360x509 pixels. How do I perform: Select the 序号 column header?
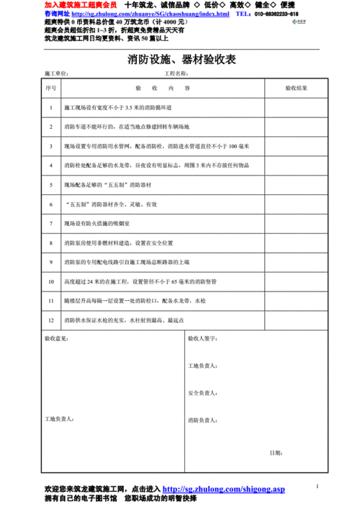coord(50,88)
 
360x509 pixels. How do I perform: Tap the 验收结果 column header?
coord(295,88)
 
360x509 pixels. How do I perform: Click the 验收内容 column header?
coord(162,88)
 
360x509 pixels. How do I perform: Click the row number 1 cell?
coord(50,108)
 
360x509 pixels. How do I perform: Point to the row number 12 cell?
coord(50,319)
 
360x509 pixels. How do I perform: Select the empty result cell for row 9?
coord(295,262)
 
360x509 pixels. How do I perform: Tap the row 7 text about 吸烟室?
coord(109,224)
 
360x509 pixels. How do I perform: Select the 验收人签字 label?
coord(202,337)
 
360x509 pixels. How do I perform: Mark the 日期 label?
coord(275,452)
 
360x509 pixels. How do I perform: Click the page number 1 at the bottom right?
coord(317,485)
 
